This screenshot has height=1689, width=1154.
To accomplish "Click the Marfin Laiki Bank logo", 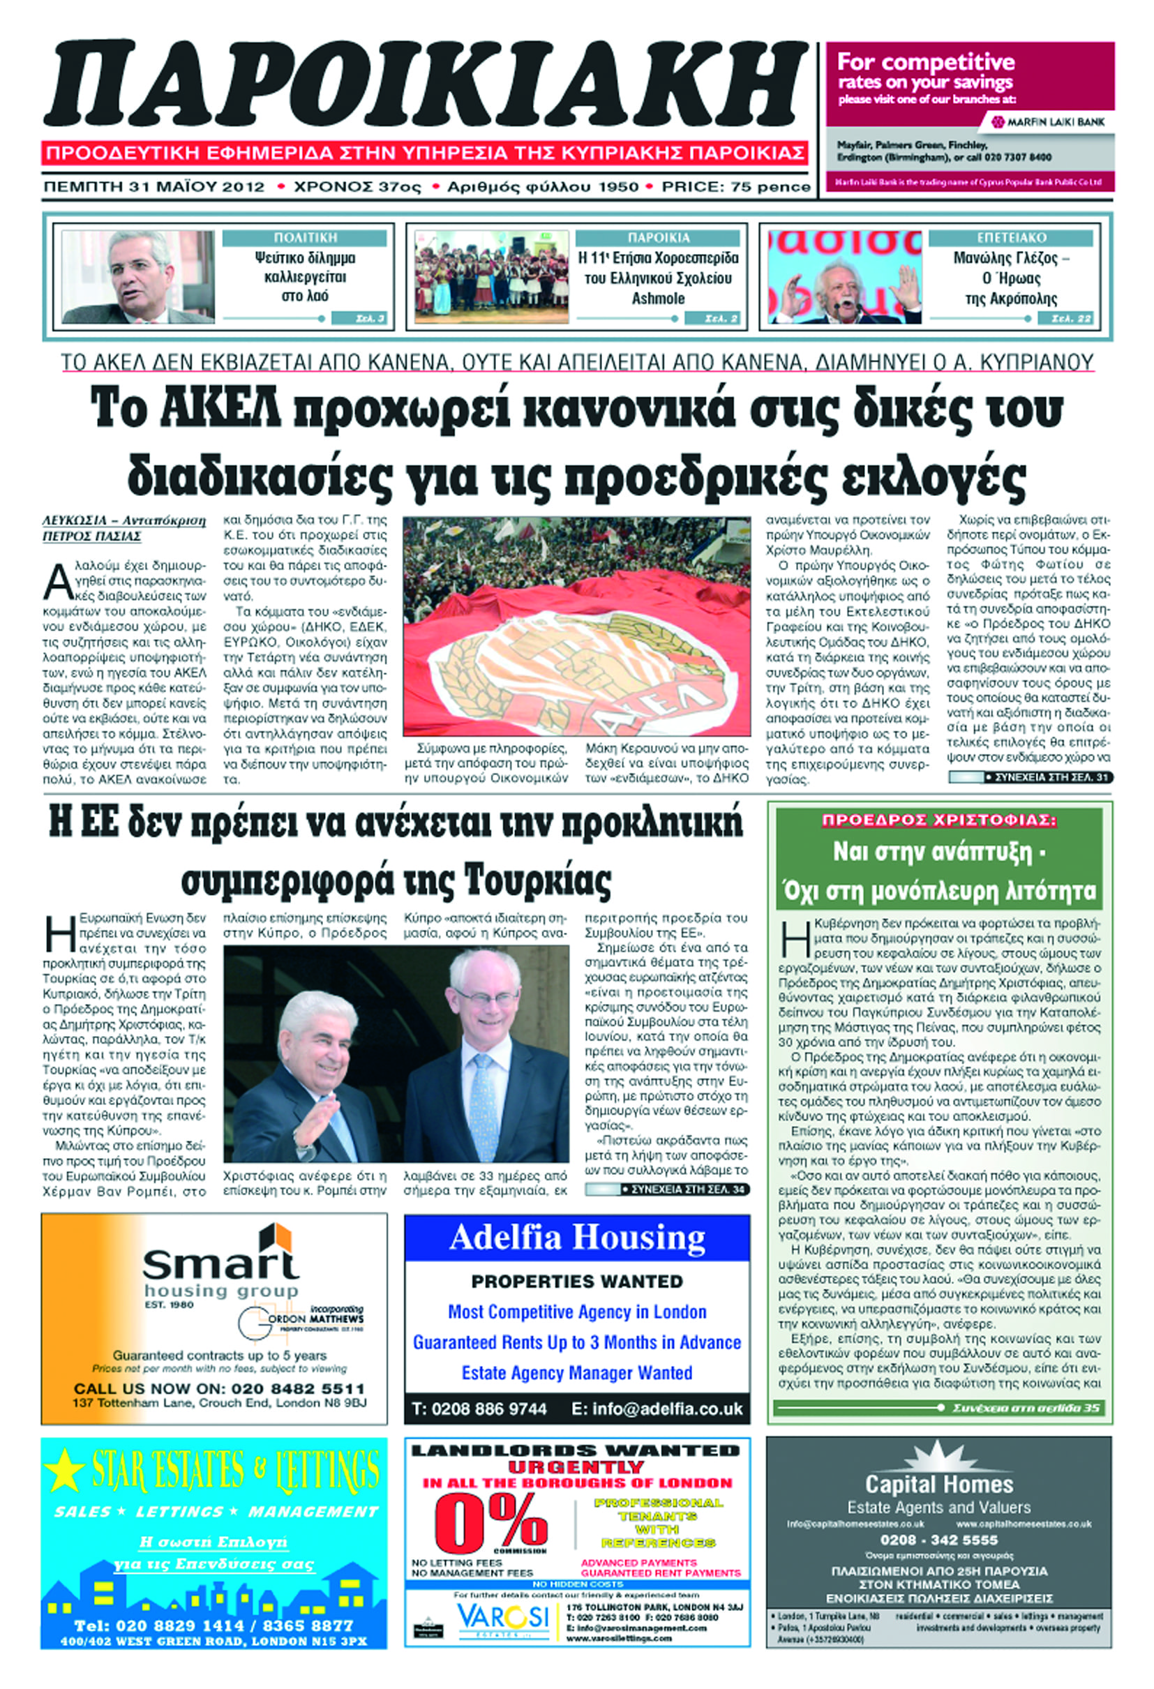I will point(1047,122).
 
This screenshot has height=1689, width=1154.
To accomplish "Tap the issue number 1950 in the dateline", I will point(617,188).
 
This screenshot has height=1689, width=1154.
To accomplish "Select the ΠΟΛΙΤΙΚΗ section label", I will point(305,238).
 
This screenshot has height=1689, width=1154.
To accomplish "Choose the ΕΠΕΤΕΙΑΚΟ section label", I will point(1012,238).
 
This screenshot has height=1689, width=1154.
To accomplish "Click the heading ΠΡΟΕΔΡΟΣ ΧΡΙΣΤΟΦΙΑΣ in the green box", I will point(939,821).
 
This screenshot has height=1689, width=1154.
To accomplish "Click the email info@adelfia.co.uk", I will point(667,1409).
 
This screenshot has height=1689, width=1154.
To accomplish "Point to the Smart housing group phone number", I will point(298,1389).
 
